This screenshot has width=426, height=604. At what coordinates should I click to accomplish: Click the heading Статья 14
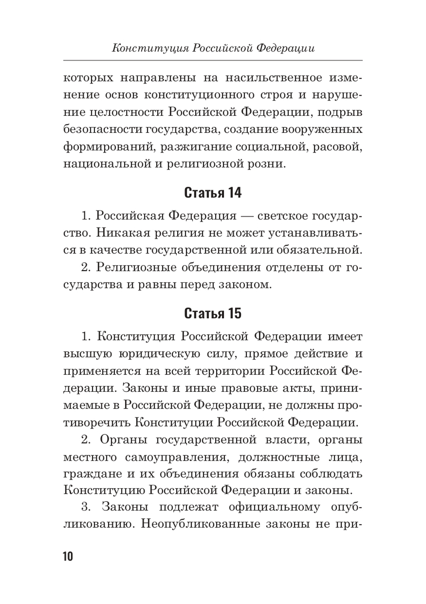(213, 193)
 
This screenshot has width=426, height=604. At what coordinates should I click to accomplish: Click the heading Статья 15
(213, 314)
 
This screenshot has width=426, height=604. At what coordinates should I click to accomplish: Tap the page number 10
(68, 556)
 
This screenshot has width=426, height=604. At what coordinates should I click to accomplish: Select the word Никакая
(115, 233)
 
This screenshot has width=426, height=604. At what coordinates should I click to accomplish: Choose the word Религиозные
(136, 267)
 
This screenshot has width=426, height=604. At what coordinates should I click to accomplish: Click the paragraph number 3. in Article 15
(87, 507)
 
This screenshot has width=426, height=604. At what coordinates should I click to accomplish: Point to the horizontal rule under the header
(213, 60)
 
